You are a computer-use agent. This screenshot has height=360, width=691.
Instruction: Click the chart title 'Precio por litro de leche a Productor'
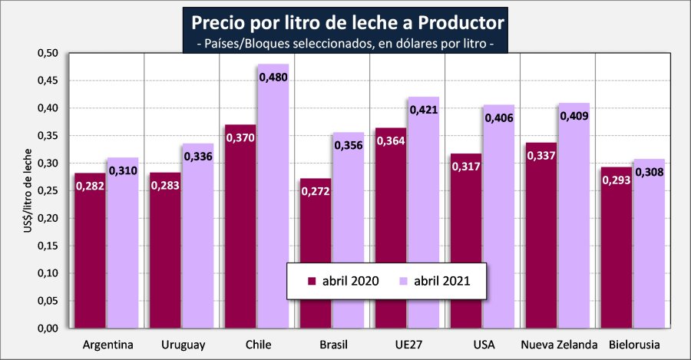click(x=343, y=20)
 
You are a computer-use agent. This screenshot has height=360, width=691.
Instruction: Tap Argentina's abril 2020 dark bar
click(x=91, y=261)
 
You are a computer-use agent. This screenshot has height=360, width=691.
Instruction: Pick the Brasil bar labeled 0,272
click(x=316, y=261)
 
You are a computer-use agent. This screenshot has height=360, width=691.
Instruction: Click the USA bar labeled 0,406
click(x=498, y=223)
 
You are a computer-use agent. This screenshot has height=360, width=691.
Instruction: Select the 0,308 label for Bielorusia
click(x=648, y=172)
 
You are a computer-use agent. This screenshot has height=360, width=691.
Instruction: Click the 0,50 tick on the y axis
click(x=48, y=54)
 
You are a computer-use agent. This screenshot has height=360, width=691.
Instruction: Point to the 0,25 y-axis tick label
click(x=48, y=191)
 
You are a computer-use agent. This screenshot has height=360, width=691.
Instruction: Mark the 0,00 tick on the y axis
click(x=48, y=329)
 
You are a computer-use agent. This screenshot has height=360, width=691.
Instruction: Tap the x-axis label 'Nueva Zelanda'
click(x=558, y=344)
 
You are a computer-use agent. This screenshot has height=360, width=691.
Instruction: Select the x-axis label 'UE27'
click(x=408, y=344)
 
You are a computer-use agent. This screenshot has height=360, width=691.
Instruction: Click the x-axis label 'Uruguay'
click(x=183, y=344)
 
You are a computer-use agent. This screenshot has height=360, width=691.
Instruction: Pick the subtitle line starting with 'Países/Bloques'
click(x=343, y=44)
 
